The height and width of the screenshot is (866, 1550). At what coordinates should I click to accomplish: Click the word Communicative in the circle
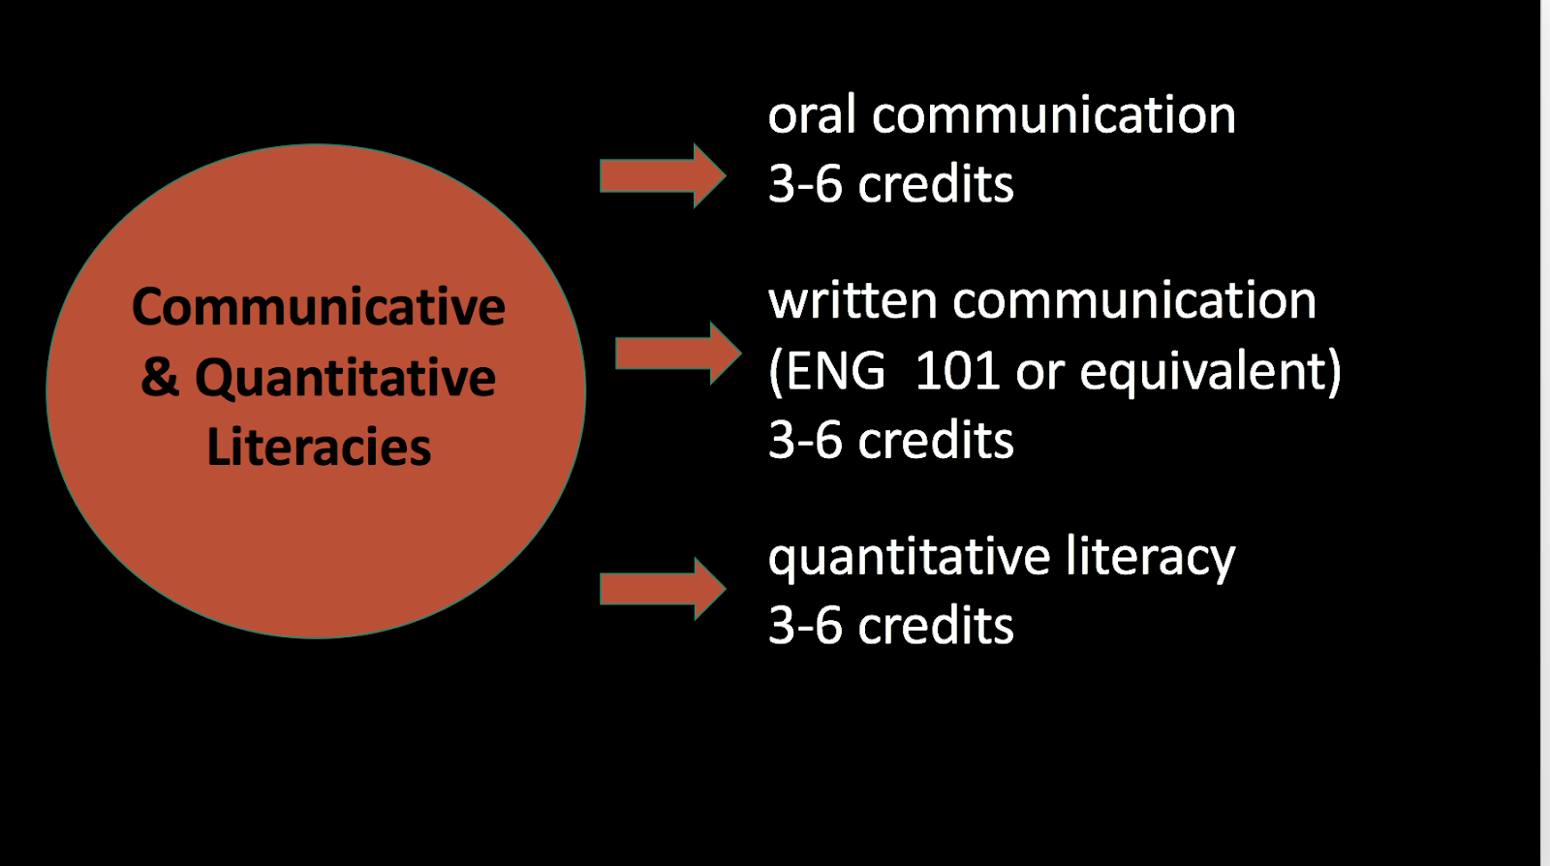[319, 306]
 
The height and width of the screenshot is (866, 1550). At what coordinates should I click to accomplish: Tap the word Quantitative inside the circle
[345, 378]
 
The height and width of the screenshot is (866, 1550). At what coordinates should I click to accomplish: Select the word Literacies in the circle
[319, 447]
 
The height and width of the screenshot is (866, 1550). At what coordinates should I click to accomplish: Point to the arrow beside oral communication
[663, 175]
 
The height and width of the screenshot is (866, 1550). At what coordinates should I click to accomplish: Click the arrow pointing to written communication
[678, 354]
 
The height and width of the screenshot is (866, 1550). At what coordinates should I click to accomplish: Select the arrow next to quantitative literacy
[663, 589]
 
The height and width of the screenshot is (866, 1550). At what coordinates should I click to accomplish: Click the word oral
[812, 115]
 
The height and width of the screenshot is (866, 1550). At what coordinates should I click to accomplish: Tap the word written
[852, 301]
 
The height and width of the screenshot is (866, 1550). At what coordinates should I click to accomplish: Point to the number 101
[957, 371]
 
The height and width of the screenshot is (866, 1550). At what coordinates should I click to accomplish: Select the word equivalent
[1202, 372]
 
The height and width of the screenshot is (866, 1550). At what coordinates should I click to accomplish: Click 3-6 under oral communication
[805, 185]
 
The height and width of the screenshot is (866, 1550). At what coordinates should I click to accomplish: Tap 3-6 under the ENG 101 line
[805, 441]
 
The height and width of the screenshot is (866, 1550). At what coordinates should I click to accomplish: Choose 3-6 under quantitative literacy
[805, 626]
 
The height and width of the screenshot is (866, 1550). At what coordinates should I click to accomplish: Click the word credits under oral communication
[936, 184]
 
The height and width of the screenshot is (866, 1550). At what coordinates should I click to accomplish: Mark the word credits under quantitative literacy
[936, 626]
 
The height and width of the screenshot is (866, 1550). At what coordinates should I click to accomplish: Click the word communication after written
[1134, 301]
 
